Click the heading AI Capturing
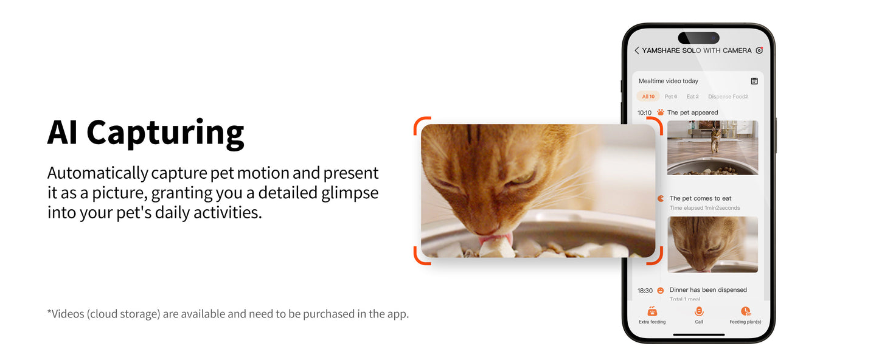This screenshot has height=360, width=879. coord(145,132)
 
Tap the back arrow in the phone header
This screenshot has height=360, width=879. coord(636,50)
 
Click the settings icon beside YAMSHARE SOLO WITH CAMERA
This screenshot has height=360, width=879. coord(759,50)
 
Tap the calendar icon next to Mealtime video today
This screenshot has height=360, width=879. coord(754,81)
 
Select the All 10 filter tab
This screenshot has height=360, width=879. coord(648,97)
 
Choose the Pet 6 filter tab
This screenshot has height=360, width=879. coord(670,97)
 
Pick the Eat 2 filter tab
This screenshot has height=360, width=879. coord(692,97)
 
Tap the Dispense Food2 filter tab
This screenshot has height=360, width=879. coord(728,97)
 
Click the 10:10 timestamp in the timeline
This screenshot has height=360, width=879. coord(644,112)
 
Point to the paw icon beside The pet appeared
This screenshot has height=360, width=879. coord(661,112)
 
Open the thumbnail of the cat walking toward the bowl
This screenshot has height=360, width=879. coord(712,148)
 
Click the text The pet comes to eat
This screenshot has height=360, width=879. coord(700,198)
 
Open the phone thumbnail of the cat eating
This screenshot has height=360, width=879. coord(712,244)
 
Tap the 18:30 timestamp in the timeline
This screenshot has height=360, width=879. coord(645,291)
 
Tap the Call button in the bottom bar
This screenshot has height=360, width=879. coord(699,314)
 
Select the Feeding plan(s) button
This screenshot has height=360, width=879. coord(745,314)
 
